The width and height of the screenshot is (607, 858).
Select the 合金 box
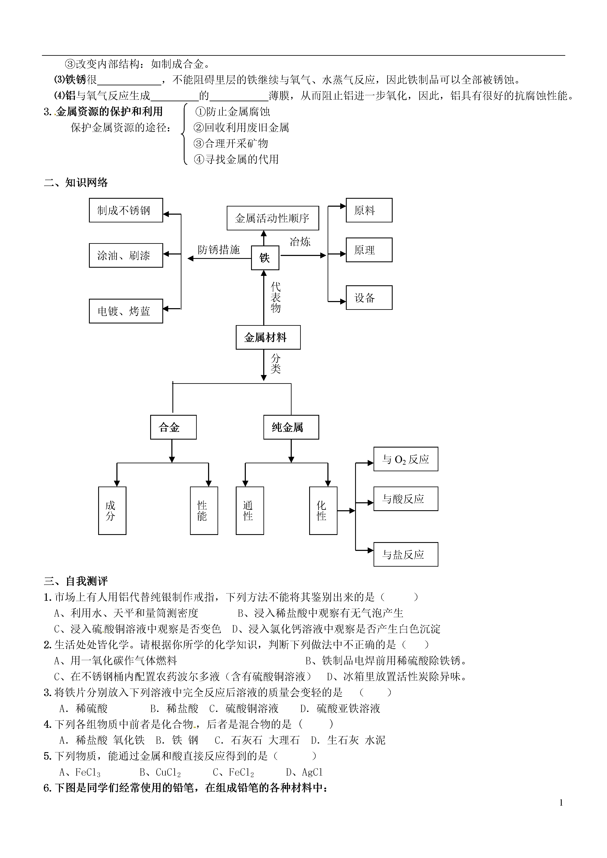click(x=173, y=427)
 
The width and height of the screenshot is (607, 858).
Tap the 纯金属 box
click(x=291, y=427)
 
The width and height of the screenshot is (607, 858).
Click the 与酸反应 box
click(x=406, y=498)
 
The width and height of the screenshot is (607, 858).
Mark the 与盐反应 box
click(x=406, y=554)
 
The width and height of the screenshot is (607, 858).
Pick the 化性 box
click(x=323, y=510)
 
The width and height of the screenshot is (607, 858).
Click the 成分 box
click(x=112, y=510)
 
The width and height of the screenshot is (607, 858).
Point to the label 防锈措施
click(x=219, y=249)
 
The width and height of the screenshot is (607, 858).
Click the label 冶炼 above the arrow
click(x=300, y=242)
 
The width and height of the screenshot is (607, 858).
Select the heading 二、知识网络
click(x=76, y=182)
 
